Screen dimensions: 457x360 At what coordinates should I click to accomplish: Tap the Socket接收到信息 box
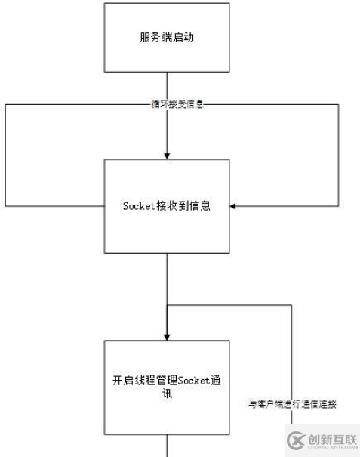(166, 205)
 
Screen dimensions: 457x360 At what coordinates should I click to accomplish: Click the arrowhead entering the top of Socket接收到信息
(166, 155)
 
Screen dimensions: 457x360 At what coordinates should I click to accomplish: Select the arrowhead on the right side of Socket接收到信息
(233, 206)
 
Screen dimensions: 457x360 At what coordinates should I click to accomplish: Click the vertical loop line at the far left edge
(5, 155)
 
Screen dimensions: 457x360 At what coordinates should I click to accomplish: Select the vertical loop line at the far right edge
(337, 155)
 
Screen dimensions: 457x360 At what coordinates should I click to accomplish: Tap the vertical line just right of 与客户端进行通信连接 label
(291, 355)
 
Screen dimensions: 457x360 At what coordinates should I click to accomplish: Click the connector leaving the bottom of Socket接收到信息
(166, 279)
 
